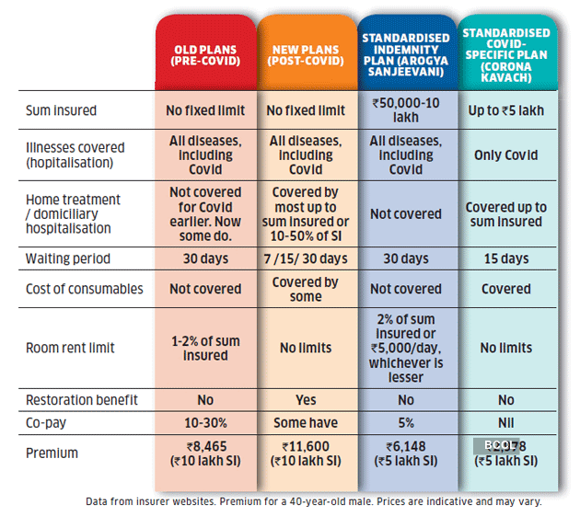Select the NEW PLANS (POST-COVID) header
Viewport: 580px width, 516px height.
click(306, 54)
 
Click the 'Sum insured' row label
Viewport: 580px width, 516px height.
click(61, 111)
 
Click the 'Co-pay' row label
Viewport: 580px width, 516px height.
click(47, 423)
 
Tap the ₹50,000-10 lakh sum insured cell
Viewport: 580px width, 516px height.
click(406, 111)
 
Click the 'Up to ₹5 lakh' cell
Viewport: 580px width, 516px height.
click(506, 111)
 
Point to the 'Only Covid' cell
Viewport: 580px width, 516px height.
click(506, 155)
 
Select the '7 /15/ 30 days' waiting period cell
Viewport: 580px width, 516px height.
click(306, 258)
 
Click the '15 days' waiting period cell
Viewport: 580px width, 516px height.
click(506, 258)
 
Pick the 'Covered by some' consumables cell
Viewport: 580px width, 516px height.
click(306, 289)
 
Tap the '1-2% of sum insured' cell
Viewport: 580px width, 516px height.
click(205, 348)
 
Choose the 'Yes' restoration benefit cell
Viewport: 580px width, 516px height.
click(306, 400)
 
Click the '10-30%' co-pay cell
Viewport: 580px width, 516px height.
click(205, 423)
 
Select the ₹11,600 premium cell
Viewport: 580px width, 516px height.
click(306, 453)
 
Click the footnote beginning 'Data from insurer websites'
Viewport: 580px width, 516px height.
click(313, 501)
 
